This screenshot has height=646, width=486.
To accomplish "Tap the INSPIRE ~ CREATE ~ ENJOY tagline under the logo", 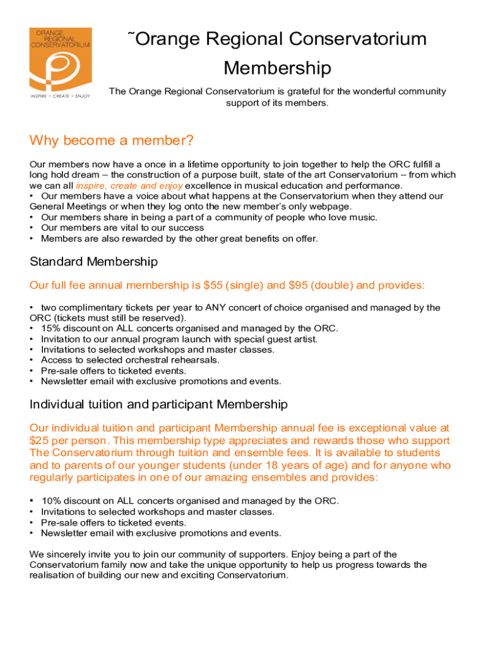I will [x=61, y=96].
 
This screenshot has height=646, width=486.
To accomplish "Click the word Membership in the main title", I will [x=277, y=68].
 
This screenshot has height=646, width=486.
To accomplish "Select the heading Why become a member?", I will [x=111, y=140].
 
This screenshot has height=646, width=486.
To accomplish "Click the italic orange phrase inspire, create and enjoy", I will [x=129, y=185].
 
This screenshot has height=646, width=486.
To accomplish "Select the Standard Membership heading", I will [x=93, y=261].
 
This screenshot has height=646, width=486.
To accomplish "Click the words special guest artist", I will [x=280, y=339].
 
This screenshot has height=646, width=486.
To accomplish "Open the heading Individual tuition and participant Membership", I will [x=158, y=404].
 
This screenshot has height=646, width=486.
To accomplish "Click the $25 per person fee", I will [x=66, y=440].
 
